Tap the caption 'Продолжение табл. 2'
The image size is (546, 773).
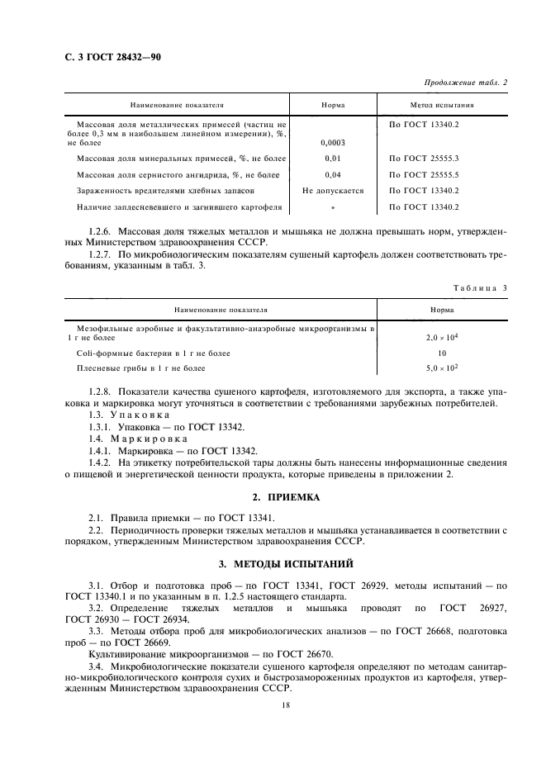click(465, 83)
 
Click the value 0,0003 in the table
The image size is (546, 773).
click(333, 142)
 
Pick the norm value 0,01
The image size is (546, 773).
click(333, 158)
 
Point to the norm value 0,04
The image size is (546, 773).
click(333, 174)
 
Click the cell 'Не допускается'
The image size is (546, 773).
click(333, 191)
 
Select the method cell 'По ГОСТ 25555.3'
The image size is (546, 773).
click(423, 158)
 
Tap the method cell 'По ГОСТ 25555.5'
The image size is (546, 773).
click(423, 174)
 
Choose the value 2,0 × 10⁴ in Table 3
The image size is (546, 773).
click(442, 339)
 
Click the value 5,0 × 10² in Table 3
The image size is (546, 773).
click(442, 368)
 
